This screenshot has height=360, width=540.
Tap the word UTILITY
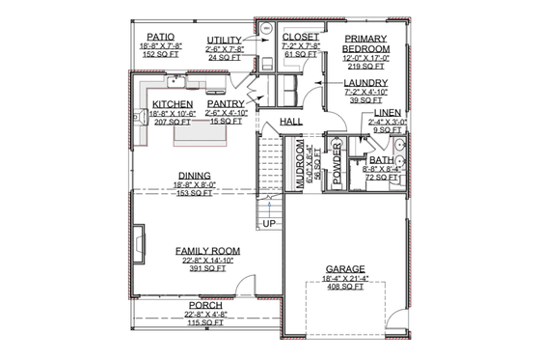point(225,41)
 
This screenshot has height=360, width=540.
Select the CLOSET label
point(274,36)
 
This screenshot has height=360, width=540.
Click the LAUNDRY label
point(365,83)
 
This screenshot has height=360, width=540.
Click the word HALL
point(291,122)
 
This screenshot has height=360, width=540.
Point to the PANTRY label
point(225,103)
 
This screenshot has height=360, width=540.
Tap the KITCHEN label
point(174,103)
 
